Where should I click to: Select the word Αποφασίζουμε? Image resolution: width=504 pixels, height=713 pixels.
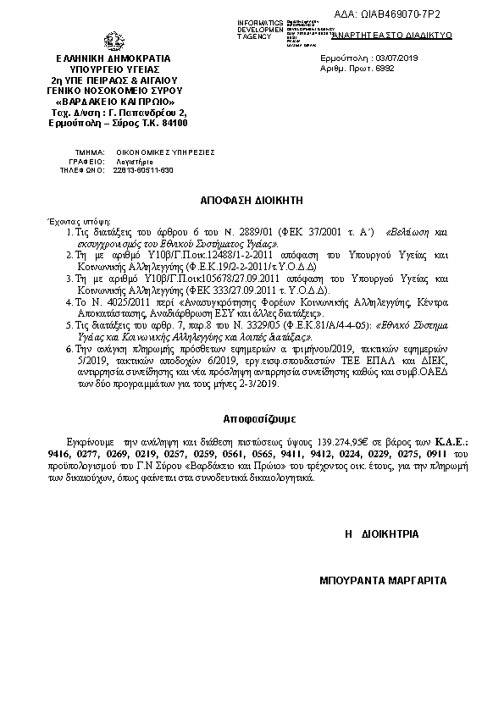tap(252, 418)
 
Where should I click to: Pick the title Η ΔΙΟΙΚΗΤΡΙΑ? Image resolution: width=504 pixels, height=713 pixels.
tap(381, 535)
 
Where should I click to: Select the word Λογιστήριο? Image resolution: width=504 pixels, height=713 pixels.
tap(130, 161)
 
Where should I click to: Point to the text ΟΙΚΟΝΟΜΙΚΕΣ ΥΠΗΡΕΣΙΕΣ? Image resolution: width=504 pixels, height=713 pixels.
tap(153, 152)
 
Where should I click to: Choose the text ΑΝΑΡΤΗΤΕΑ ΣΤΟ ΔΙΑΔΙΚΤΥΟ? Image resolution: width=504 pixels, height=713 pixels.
tap(405, 35)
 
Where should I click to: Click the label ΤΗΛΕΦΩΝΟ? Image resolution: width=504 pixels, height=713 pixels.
tap(81, 169)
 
